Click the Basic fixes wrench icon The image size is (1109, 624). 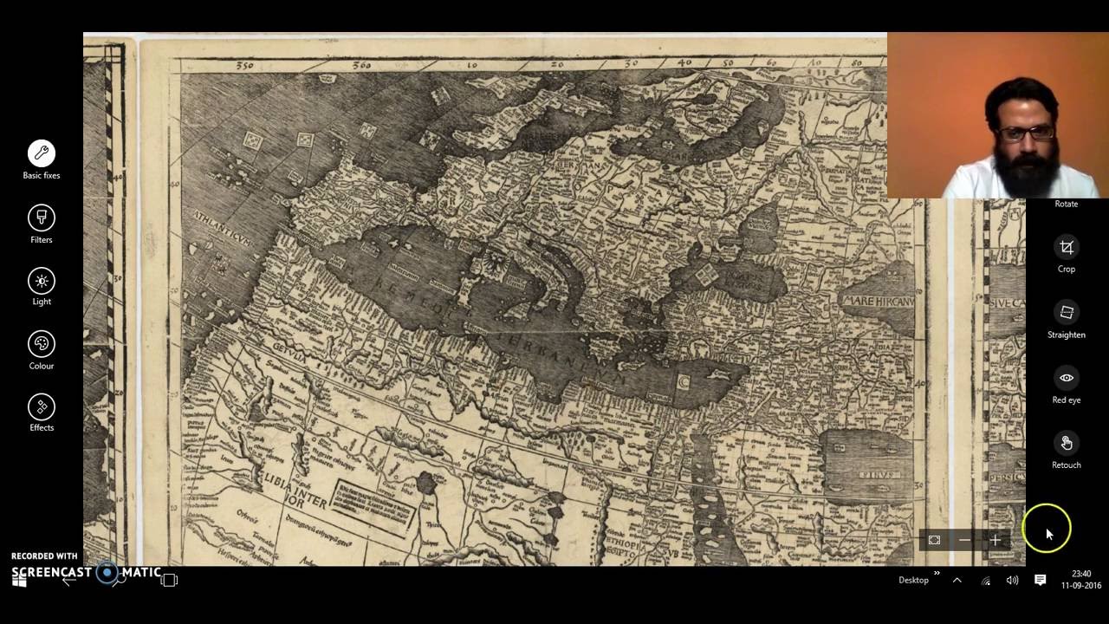click(41, 153)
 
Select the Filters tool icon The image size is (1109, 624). click(41, 218)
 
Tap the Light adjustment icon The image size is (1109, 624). click(41, 281)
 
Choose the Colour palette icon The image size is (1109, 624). click(41, 344)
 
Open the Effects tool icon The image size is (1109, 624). click(41, 406)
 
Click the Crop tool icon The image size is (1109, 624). click(1066, 248)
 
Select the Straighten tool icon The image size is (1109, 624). click(1066, 313)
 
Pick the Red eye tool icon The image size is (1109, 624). click(1066, 378)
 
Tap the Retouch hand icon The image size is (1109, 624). click(1066, 443)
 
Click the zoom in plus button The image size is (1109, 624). click(995, 540)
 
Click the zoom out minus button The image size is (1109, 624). click(964, 540)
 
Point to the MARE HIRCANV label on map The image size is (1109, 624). click(877, 302)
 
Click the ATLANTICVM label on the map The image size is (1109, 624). click(222, 228)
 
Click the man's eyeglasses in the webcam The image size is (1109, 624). click(1027, 133)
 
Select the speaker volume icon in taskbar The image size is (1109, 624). click(1012, 580)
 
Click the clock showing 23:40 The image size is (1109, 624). click(1080, 574)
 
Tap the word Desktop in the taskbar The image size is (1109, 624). click(913, 580)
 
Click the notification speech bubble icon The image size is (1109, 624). click(1041, 580)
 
